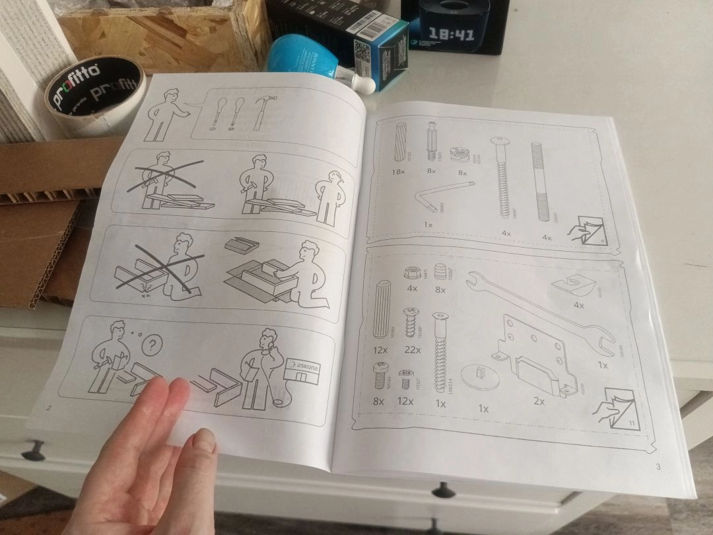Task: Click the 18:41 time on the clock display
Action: pyautogui.click(x=452, y=33)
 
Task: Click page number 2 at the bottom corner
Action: pyautogui.click(x=49, y=408)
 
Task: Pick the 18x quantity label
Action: pyautogui.click(x=397, y=172)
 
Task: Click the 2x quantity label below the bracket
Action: pyautogui.click(x=539, y=400)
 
